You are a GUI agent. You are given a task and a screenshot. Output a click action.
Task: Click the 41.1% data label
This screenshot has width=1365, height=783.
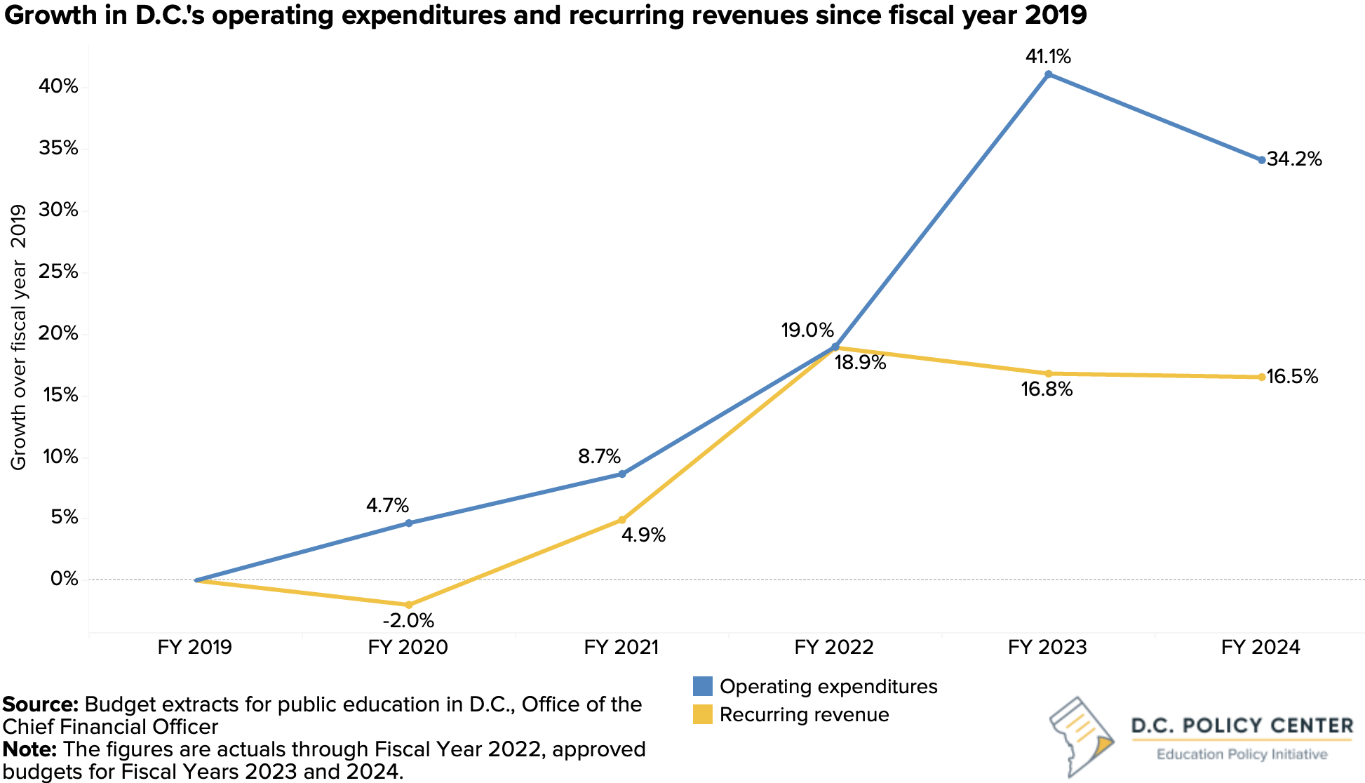click(x=1048, y=56)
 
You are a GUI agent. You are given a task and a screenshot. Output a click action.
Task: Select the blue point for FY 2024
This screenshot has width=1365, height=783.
click(x=1261, y=160)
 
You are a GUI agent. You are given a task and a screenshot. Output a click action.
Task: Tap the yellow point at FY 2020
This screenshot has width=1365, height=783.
click(x=409, y=605)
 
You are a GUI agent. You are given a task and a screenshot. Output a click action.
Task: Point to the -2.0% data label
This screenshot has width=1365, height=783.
click(x=408, y=621)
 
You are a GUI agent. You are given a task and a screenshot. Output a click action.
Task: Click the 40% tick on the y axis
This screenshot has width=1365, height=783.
click(x=59, y=86)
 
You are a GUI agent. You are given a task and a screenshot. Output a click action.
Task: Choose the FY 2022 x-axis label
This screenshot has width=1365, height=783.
click(x=834, y=647)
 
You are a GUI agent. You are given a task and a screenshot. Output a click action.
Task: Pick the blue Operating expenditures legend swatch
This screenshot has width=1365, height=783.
click(x=702, y=686)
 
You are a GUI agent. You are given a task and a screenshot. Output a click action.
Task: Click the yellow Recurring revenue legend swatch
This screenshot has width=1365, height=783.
click(x=702, y=714)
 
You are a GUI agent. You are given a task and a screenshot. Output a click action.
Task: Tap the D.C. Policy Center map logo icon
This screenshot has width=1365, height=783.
click(x=1080, y=736)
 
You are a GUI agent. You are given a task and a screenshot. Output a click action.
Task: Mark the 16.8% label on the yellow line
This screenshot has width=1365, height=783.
click(x=1047, y=389)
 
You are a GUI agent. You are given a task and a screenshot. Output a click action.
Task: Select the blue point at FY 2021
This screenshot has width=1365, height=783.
click(x=621, y=474)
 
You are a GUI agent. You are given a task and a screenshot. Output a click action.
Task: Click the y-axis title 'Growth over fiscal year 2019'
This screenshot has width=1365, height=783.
click(x=19, y=337)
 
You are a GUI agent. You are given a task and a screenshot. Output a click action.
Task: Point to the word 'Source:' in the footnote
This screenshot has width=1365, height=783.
click(x=41, y=704)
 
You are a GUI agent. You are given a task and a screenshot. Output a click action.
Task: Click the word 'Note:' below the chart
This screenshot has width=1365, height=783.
click(x=29, y=749)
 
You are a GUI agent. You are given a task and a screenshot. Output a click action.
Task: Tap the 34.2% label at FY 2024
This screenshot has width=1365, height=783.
click(x=1294, y=160)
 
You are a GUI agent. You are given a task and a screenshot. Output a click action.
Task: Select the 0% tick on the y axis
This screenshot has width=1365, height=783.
click(x=64, y=580)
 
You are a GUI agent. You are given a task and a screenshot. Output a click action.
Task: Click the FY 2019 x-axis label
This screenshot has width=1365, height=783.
click(x=194, y=647)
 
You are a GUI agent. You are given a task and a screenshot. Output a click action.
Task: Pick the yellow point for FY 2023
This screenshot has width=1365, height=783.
click(x=1048, y=373)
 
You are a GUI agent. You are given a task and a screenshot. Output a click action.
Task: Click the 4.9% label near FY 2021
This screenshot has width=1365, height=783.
click(x=644, y=535)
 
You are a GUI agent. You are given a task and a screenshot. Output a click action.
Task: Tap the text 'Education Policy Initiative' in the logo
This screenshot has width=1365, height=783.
click(x=1242, y=755)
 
